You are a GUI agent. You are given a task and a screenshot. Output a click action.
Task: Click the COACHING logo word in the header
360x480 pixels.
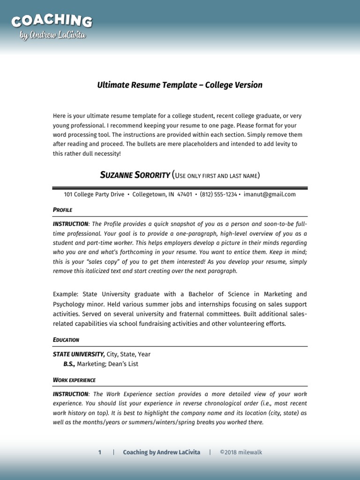point(52,21)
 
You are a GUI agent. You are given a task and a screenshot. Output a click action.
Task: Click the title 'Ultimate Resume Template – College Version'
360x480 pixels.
point(180,85)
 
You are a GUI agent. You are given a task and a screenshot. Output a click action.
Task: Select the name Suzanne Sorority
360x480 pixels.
point(135,175)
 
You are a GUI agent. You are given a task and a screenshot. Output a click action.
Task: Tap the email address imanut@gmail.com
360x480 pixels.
point(270,195)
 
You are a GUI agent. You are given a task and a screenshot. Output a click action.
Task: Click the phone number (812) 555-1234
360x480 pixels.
point(218,195)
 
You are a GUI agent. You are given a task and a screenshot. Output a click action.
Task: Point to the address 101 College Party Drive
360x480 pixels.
point(94,195)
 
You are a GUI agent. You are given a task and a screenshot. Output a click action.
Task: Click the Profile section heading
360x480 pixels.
point(62,210)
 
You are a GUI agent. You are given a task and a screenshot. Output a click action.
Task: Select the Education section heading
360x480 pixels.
point(66,339)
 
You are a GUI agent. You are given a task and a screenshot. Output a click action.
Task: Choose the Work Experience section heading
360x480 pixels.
point(74,380)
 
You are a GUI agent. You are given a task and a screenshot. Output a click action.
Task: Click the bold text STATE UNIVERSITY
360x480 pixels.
point(78,354)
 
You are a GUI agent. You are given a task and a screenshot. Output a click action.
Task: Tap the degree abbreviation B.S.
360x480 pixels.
point(69,364)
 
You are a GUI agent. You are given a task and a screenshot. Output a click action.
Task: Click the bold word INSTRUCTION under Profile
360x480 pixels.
point(70,224)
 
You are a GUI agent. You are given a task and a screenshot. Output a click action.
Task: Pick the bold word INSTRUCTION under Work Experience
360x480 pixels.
point(70,394)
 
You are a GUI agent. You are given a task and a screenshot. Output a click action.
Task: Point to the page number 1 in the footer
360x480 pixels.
point(99,452)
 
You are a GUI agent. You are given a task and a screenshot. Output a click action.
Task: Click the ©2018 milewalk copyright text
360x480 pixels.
point(244,452)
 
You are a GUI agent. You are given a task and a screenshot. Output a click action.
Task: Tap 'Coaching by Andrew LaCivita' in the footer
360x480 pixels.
point(161,452)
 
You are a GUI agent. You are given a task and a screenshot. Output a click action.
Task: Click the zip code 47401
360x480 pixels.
point(184,195)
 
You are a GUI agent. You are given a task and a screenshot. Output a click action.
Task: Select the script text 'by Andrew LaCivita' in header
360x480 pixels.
point(53,36)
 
